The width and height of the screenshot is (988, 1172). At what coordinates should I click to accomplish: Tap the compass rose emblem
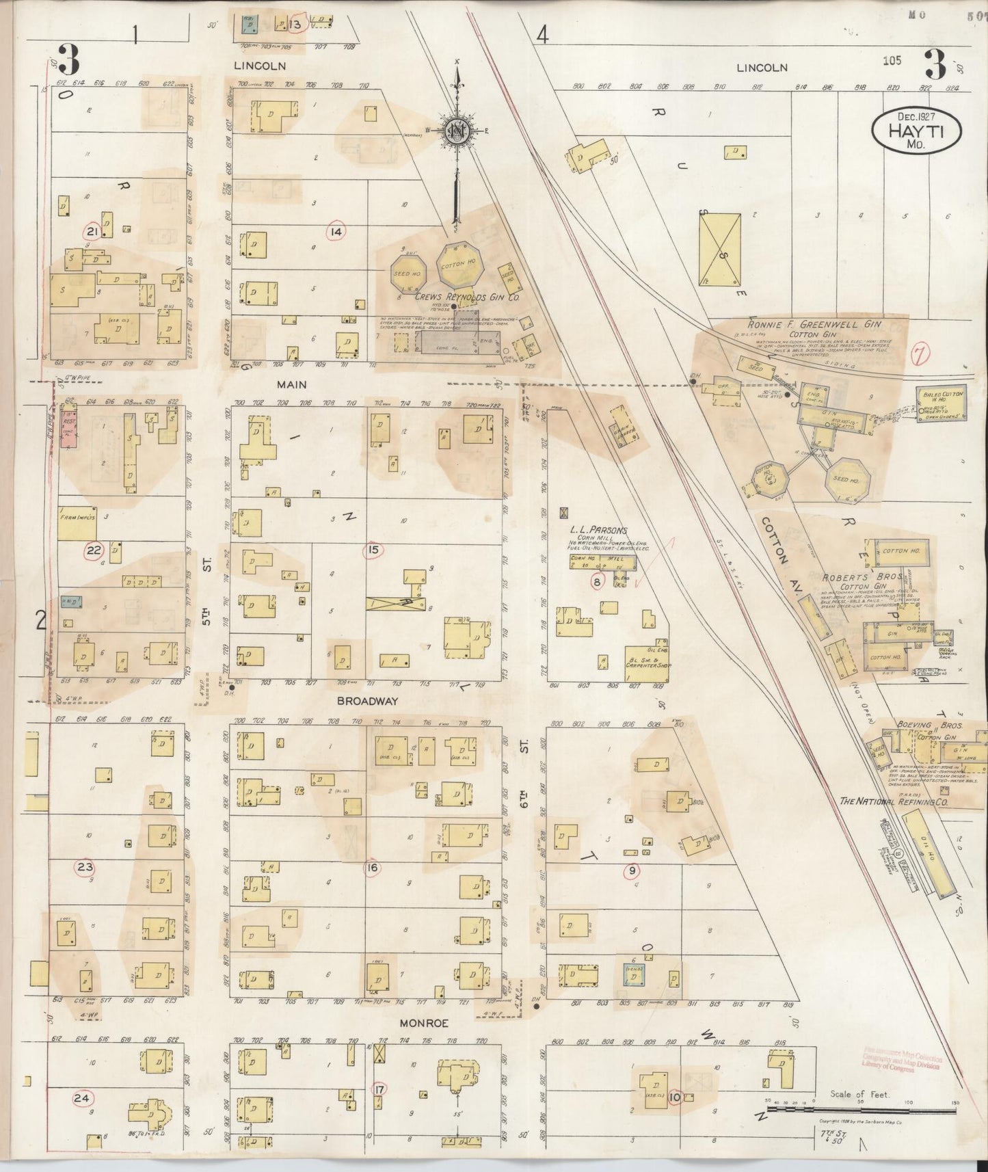click(457, 130)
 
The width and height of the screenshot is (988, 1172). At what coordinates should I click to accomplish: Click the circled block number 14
click(335, 232)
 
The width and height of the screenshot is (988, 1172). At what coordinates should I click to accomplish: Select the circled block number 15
click(373, 549)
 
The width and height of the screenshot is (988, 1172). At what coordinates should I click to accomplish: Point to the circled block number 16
click(373, 868)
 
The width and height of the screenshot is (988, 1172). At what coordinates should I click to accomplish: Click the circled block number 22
click(94, 550)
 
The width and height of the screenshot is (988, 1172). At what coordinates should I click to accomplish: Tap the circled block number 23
click(85, 868)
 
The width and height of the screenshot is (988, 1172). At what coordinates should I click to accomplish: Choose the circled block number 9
click(632, 870)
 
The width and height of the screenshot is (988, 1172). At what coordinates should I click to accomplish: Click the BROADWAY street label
click(366, 702)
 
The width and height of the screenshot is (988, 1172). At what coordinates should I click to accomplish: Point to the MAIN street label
click(291, 385)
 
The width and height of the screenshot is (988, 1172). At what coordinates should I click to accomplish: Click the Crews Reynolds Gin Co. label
click(467, 297)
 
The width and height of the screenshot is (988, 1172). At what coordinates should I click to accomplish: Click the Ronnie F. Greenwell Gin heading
click(805, 325)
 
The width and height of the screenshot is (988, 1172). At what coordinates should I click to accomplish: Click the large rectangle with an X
click(720, 248)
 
